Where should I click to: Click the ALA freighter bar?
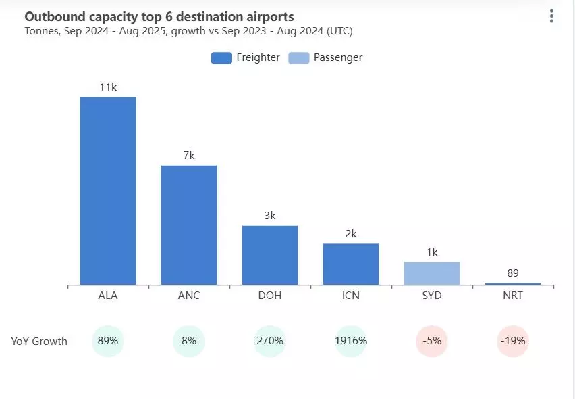click(x=108, y=191)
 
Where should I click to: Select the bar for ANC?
click(x=189, y=225)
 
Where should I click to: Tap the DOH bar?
click(x=270, y=255)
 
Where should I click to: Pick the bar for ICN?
click(x=351, y=264)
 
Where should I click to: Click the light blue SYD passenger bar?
click(x=432, y=273)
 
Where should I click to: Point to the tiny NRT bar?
click(x=513, y=284)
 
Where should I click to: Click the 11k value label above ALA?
click(x=108, y=87)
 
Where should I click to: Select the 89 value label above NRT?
click(x=513, y=273)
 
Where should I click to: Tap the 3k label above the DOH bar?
click(x=270, y=216)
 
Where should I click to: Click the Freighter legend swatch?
click(x=221, y=57)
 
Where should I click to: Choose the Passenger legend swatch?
click(x=299, y=57)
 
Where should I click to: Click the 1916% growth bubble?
click(x=351, y=341)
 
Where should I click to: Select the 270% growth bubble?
click(x=270, y=341)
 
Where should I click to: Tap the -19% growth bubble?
click(x=513, y=341)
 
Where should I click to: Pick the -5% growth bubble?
click(x=432, y=341)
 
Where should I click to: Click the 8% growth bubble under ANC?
click(x=189, y=341)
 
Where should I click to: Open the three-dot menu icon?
click(x=551, y=16)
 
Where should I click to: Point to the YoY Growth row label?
click(x=39, y=342)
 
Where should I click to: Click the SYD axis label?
click(x=432, y=296)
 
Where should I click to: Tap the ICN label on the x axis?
click(x=351, y=296)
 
